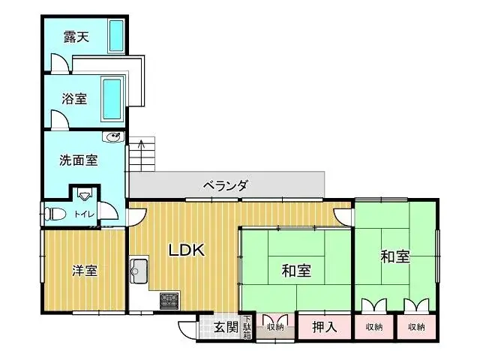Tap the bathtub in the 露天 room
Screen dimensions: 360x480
coord(117,37)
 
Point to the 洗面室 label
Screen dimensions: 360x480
coord(79,160)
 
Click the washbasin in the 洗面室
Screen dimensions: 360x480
coord(113,138)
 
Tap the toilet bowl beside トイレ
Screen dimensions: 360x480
coord(55,214)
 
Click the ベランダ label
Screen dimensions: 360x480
coord(225,185)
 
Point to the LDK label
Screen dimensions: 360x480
coord(186,250)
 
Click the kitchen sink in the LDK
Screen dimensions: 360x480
coord(139,268)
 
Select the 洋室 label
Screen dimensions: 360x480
coord(85,271)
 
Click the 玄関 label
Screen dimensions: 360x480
coord(225,327)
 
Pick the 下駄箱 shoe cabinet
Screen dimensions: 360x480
coord(247,327)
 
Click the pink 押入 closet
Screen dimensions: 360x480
coord(323,327)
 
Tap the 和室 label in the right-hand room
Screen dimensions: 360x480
coord(395,256)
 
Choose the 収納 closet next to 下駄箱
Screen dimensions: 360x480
coord(274,327)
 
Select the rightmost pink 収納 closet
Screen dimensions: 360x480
coord(415,327)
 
